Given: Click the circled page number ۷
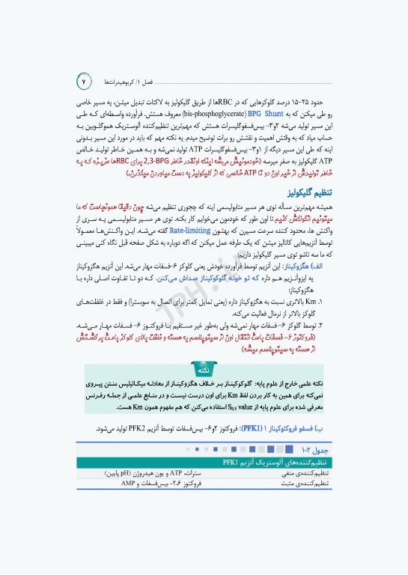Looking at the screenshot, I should (x=84, y=79).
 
